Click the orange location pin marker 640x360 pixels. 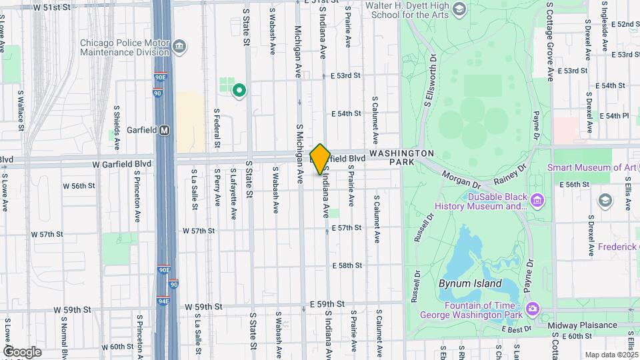320,159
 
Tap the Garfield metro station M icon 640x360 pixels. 164,131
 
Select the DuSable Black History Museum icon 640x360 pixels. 538,199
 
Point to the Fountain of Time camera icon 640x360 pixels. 533,308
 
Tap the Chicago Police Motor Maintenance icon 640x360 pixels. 179,46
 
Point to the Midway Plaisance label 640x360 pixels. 582,325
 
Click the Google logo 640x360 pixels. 22,351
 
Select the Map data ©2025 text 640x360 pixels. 612,355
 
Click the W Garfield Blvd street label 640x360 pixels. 122,164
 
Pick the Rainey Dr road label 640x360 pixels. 510,174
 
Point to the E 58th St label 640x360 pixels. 347,265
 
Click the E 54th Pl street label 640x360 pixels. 614,115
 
